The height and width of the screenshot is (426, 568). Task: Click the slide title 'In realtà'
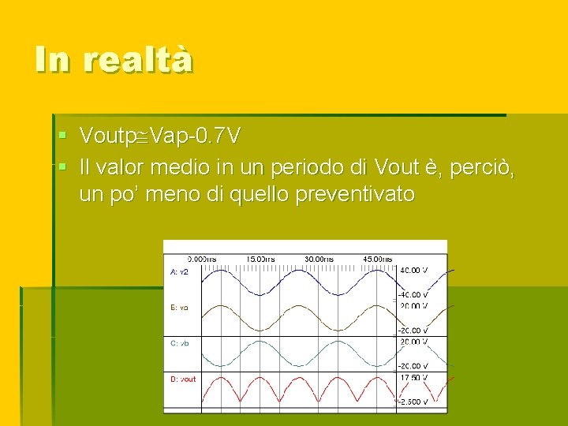114,59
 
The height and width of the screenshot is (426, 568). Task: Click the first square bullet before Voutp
64,136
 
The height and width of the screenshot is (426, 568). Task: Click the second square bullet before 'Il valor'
64,166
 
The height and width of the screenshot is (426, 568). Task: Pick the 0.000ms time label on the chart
201,259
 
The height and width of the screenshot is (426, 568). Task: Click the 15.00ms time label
260,259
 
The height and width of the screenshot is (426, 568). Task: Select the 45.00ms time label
377,259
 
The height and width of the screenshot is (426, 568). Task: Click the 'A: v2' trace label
179,271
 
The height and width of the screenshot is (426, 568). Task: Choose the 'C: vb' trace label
179,343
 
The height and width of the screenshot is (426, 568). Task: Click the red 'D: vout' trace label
183,379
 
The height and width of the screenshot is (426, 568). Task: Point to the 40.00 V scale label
415,271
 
